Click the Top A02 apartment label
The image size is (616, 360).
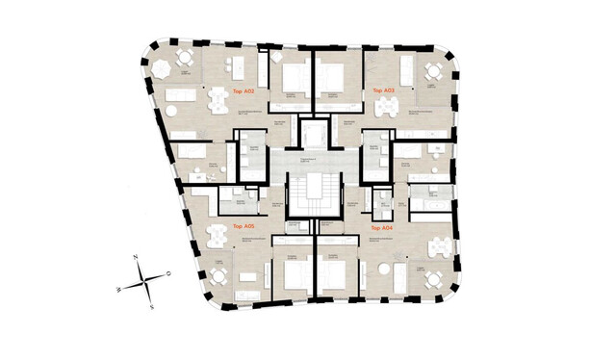coord(244,90)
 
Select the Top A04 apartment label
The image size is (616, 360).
coord(381,228)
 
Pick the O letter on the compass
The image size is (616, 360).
coord(167,272)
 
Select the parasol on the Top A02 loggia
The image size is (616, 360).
coord(184,59)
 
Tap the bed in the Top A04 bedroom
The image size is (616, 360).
coord(331,273)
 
